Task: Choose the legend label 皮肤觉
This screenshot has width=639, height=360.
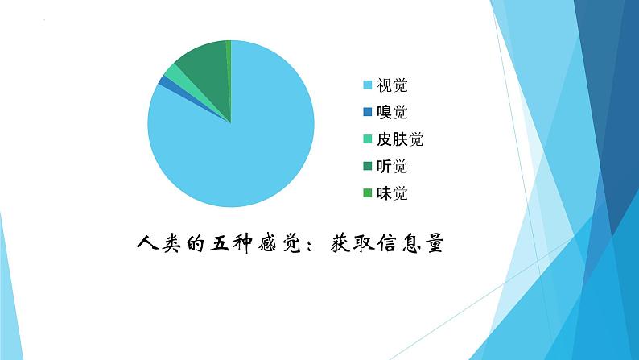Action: click(400, 139)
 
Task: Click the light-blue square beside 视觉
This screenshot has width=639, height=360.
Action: click(368, 85)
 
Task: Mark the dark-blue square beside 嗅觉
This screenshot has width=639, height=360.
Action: click(368, 112)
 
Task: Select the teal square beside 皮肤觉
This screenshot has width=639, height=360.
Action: click(368, 139)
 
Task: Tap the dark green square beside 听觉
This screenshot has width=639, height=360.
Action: click(368, 167)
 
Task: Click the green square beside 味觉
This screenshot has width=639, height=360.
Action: click(368, 193)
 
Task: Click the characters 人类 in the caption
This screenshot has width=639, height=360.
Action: click(150, 242)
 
